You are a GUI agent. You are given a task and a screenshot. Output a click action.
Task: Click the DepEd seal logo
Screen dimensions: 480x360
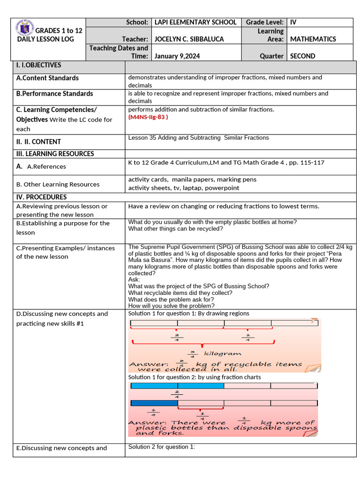coord(25,29)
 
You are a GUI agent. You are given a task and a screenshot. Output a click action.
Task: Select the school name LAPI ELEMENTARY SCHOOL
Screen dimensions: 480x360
coord(195,22)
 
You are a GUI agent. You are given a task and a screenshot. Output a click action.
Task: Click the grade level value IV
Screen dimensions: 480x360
coord(293,22)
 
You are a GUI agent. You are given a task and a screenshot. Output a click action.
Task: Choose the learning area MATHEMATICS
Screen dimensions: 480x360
coord(313,39)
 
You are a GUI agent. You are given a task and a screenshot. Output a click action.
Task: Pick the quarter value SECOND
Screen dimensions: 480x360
coord(303,56)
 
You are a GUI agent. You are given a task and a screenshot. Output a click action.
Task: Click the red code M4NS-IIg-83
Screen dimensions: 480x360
coord(148,117)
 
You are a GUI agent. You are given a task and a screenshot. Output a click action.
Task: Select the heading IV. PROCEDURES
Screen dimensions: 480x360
coord(41,197)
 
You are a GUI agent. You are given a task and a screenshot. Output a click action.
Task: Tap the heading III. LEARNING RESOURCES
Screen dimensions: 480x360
coord(55,154)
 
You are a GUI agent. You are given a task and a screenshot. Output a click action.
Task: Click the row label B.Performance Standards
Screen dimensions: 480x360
coord(54,94)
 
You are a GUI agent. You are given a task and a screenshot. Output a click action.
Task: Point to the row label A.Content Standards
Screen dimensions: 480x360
coord(47,78)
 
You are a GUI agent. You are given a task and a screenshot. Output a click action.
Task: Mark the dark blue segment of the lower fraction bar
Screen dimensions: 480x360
coord(154,403)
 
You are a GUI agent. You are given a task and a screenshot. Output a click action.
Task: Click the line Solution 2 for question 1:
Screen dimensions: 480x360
coord(161,447)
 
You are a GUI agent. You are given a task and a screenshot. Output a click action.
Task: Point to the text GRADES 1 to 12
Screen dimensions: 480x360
coord(59,30)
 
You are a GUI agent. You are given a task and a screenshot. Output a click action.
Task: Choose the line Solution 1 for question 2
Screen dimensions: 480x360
coord(195,377)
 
